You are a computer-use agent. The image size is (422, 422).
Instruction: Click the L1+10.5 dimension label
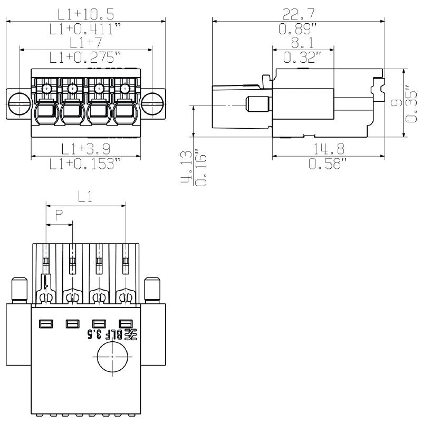click(85, 14)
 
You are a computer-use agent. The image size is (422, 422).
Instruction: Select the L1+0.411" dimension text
click(85, 29)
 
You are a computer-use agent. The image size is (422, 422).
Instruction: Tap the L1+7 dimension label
click(85, 42)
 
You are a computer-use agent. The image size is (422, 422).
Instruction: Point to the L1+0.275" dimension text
click(85, 57)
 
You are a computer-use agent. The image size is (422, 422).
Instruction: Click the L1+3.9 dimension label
click(85, 149)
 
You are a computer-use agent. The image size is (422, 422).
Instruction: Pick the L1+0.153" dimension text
click(85, 164)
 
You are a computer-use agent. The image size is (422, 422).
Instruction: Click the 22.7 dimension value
click(299, 14)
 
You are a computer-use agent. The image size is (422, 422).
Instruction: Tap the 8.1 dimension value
click(303, 42)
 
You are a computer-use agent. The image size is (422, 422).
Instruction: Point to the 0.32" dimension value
click(303, 57)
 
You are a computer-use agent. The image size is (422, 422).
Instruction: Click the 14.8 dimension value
click(328, 149)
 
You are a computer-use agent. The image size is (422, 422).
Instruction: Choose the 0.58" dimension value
click(328, 164)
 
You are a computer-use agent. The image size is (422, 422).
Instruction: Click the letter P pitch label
click(59, 215)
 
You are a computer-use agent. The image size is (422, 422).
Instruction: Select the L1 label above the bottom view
click(85, 197)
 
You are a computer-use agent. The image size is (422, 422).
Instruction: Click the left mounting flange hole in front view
click(20, 103)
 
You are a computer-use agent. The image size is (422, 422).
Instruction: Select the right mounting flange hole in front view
click(152, 103)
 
